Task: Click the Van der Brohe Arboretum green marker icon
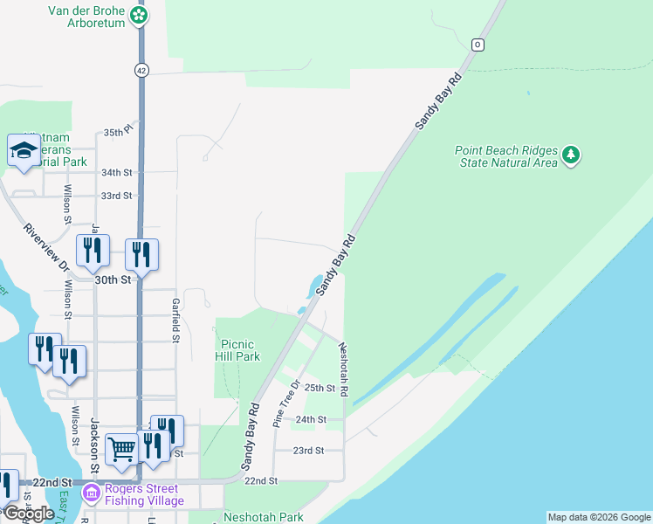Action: tap(139, 15)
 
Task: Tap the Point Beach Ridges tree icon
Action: tap(572, 155)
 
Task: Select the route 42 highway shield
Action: tap(141, 70)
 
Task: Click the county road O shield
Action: tap(477, 45)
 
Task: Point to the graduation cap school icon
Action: tap(24, 151)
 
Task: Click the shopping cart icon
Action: tap(122, 449)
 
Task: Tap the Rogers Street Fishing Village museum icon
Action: tap(91, 494)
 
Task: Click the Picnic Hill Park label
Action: tap(237, 350)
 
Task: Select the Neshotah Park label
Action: tap(264, 517)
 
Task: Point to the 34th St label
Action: tap(116, 173)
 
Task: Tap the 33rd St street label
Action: tap(116, 196)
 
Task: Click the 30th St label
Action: tap(113, 279)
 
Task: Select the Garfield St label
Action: tap(175, 319)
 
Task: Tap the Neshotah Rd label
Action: tap(344, 369)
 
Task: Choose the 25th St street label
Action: tap(320, 388)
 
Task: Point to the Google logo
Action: tap(29, 513)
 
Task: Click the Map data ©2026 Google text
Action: tap(598, 517)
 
